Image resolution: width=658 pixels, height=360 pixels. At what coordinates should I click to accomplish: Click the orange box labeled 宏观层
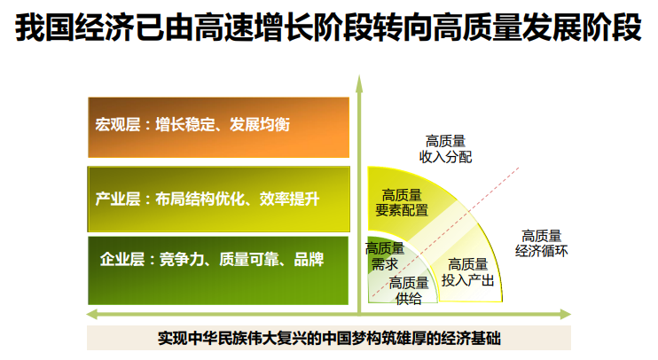pos(219,128)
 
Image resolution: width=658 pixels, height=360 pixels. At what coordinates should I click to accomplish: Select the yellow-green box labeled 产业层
pos(219,200)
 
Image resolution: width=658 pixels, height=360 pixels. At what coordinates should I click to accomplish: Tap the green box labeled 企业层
pos(218,270)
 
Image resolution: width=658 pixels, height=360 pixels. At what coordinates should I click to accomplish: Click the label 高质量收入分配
pos(445,149)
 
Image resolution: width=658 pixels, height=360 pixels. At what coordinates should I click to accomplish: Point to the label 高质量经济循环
pos(541,243)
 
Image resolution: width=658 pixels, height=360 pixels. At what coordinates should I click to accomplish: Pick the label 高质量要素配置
pos(402,203)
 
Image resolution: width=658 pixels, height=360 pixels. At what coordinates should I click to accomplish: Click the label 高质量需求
pos(384,256)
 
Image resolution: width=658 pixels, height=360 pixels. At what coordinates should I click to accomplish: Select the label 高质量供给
pos(409,290)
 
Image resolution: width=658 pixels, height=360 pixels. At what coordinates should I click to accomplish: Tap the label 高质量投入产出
pos(467,272)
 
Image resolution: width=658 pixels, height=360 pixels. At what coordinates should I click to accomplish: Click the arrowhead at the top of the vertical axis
pos(359,83)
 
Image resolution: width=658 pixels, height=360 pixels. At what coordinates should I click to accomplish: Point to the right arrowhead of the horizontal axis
pos(565,314)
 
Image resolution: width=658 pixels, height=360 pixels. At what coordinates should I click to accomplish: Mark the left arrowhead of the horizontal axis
pos(92,314)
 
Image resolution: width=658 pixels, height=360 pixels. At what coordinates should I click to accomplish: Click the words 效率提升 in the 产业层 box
pos(290,199)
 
